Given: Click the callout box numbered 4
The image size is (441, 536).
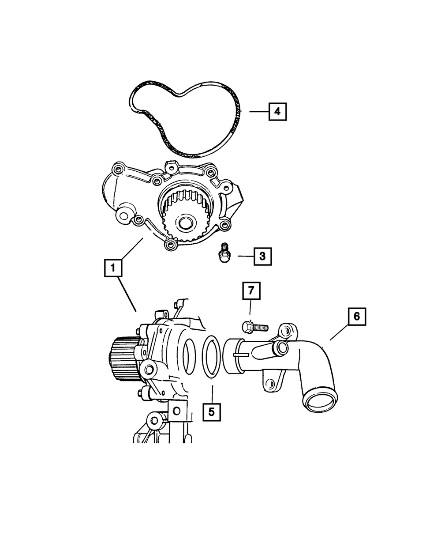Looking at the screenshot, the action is [277, 112].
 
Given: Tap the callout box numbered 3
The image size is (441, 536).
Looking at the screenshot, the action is [262, 256].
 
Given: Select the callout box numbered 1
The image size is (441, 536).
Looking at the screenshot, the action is [113, 268].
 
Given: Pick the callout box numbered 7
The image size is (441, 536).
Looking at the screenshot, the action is [251, 291].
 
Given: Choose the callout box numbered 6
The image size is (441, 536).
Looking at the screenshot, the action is [357, 317].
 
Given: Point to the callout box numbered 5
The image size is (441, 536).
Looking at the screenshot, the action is [212, 412].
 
